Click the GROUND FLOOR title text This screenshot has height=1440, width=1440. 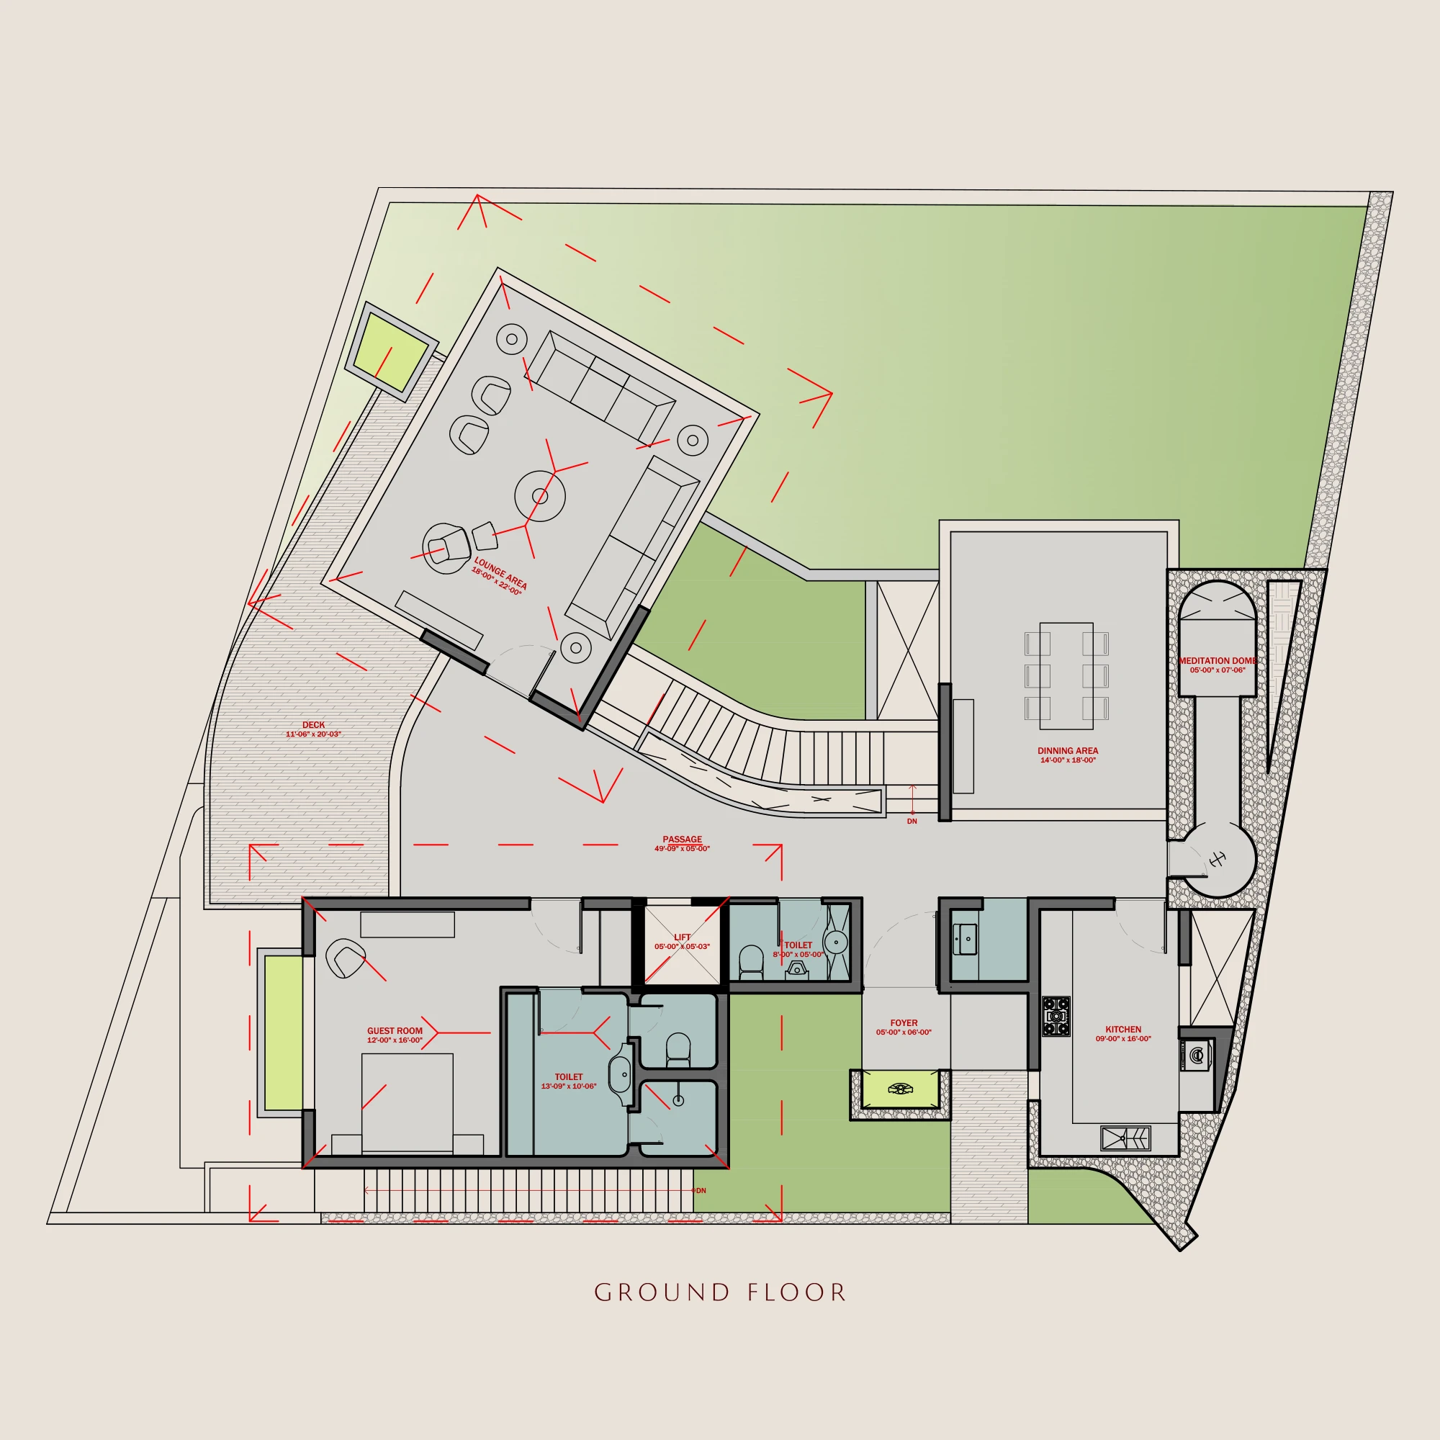coord(720,1293)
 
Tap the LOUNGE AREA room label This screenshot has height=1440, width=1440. coord(501,573)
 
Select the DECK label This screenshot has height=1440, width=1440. coord(314,724)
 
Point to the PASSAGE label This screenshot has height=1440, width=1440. coord(682,840)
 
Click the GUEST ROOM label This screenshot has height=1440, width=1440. coord(395,1031)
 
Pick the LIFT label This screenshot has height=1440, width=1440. coord(682,937)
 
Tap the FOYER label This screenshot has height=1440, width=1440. coord(904,1023)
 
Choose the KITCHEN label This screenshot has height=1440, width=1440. coord(1123,1030)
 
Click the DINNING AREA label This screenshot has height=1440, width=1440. coord(1067,750)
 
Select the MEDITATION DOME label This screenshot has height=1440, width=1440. coord(1217,660)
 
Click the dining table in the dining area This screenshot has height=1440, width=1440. coord(1066,676)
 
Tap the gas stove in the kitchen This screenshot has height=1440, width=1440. coord(1056,1017)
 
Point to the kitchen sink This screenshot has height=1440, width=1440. coord(1125,1138)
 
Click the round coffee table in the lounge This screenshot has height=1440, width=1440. coord(539,496)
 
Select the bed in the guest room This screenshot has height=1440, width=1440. coord(407,1103)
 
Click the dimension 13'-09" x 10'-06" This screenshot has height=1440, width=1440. coord(569,1086)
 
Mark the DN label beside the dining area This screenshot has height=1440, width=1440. coord(912,822)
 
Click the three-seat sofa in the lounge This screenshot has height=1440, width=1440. coord(599,387)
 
